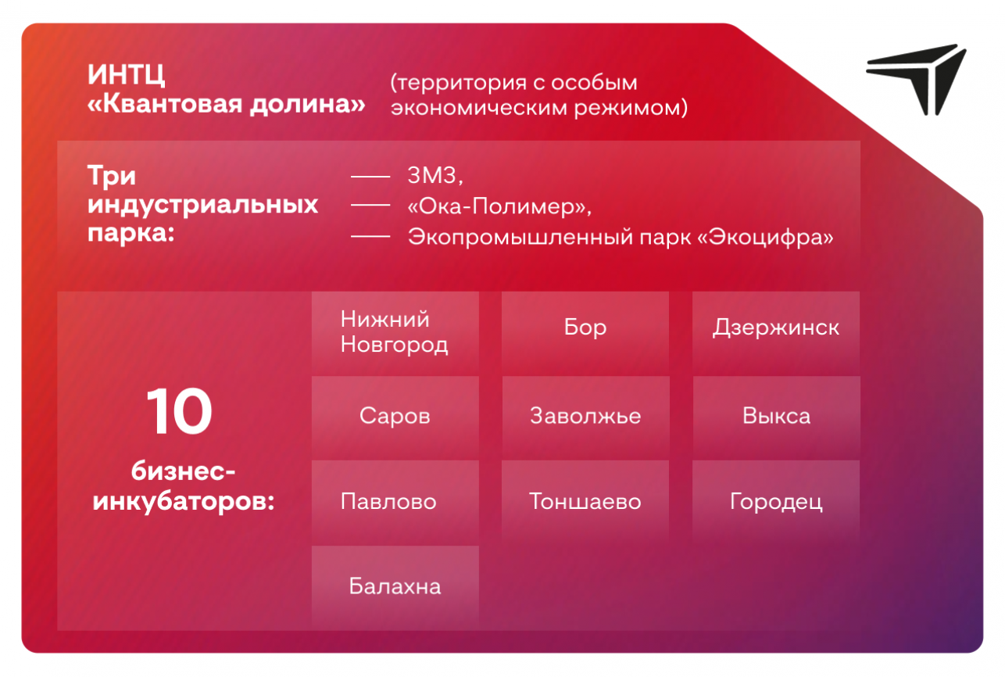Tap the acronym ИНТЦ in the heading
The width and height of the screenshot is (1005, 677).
click(126, 74)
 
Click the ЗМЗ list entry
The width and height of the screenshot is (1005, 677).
click(435, 175)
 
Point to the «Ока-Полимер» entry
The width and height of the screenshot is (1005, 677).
click(499, 206)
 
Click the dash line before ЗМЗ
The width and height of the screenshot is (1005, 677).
click(370, 177)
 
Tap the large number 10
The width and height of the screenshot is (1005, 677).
click(179, 411)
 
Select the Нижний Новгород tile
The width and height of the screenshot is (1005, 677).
click(395, 333)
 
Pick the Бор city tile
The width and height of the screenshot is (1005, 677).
click(585, 333)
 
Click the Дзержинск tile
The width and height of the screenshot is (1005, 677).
click(776, 333)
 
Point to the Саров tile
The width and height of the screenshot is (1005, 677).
click(395, 417)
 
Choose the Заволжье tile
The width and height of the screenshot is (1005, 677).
click(585, 417)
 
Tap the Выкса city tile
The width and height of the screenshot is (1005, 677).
click(776, 417)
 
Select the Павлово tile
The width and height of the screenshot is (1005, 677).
click(395, 501)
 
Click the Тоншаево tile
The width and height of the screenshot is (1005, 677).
click(585, 501)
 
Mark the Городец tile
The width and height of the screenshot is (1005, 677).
click(776, 501)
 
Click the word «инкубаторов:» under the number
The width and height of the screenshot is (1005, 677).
click(184, 501)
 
